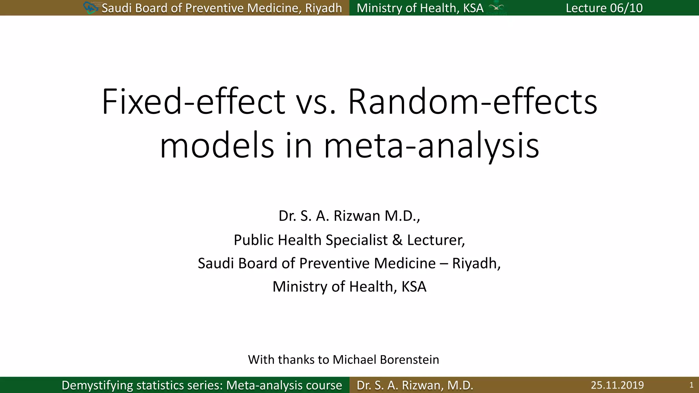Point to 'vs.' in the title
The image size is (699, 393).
(316, 102)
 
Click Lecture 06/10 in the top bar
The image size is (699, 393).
(604, 8)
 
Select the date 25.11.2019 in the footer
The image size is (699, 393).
(617, 385)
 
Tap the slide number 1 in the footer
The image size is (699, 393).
(691, 385)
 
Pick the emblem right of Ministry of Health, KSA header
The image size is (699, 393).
(497, 8)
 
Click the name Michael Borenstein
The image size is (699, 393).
(386, 360)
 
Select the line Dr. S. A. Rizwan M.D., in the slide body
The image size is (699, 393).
(349, 216)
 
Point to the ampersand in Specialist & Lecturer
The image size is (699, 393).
(397, 240)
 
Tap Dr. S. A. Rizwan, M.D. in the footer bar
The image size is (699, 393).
(415, 385)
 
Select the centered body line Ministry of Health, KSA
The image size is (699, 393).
(349, 287)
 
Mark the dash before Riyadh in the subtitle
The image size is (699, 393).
(444, 264)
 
